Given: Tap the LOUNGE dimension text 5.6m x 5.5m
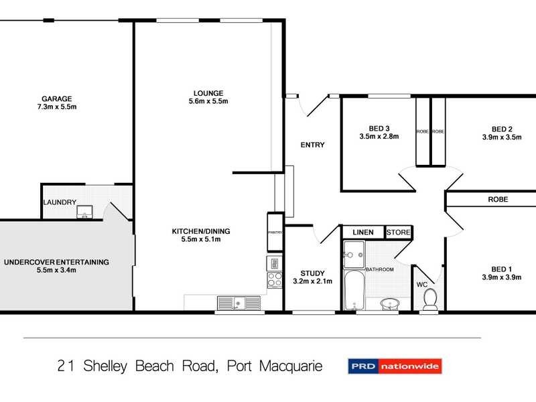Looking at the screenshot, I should click(x=208, y=102).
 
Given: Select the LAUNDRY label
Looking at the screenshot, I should click(x=60, y=202).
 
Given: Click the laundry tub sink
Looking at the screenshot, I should click(x=85, y=213).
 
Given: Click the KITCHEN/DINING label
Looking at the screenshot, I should click(x=201, y=231).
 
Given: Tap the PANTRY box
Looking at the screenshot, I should click(x=275, y=232).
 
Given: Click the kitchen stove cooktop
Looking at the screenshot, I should click(x=275, y=280).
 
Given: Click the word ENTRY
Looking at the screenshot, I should click(x=312, y=145).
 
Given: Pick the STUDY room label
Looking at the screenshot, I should click(x=313, y=273).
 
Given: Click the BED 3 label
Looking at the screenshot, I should click(x=379, y=129).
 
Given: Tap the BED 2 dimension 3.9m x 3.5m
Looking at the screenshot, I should click(x=501, y=137).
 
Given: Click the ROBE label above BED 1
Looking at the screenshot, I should click(x=497, y=200).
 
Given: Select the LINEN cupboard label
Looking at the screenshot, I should click(x=363, y=232).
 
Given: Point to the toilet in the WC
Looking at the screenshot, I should click(x=429, y=299).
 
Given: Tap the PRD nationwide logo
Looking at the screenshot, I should click(x=394, y=366).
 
